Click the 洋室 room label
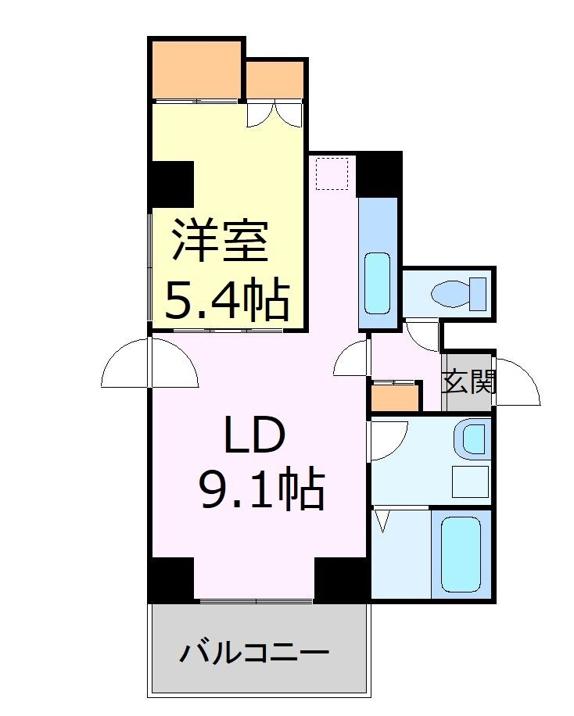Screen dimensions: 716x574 [221, 241]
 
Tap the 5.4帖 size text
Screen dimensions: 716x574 [227, 299]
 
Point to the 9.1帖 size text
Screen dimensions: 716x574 [261, 489]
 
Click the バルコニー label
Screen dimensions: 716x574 [254, 651]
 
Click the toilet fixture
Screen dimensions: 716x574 [459, 294]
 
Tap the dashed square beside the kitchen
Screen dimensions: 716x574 [332, 174]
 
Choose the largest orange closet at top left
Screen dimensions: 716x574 [196, 69]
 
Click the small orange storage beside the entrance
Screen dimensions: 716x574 [394, 398]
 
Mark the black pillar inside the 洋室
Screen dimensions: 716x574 [173, 183]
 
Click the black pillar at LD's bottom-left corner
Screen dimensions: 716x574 [171, 578]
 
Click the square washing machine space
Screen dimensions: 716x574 [469, 482]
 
